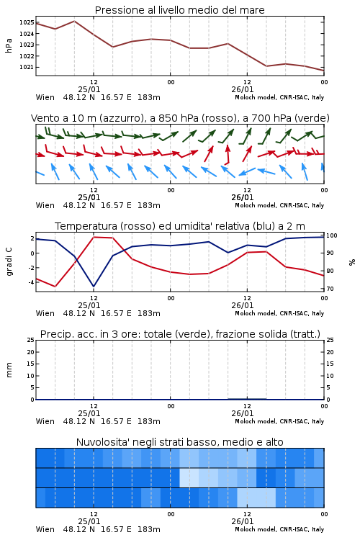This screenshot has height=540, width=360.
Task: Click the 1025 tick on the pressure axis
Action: (27, 23)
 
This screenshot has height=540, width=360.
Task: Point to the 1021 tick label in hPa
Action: (27, 67)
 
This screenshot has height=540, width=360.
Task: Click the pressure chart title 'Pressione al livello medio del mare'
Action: (180, 10)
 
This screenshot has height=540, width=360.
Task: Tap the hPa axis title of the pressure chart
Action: (9, 45)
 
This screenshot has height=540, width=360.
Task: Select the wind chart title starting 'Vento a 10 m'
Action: (180, 118)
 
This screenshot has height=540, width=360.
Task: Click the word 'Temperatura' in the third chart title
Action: (86, 226)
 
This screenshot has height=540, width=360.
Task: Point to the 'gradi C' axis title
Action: (9, 262)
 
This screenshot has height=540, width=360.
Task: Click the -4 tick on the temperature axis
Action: (31, 282)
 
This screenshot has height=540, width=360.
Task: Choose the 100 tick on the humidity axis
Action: (332, 235)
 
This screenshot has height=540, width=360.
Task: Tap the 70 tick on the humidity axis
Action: (330, 289)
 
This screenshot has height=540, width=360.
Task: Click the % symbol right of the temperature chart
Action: (352, 262)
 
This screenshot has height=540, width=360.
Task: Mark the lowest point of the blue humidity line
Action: (94, 287)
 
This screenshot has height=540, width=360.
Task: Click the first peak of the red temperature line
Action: (94, 237)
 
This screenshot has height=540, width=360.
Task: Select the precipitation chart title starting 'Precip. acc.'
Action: (180, 334)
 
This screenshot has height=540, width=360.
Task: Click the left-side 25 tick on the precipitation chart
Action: (31, 340)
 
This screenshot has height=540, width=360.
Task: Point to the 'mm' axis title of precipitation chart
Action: (9, 370)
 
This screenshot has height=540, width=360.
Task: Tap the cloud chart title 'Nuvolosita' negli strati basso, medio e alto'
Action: (180, 442)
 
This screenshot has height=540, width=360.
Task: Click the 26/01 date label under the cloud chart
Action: (243, 521)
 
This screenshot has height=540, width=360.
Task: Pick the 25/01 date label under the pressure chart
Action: (89, 89)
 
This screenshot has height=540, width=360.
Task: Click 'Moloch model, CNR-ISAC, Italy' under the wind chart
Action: (279, 206)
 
